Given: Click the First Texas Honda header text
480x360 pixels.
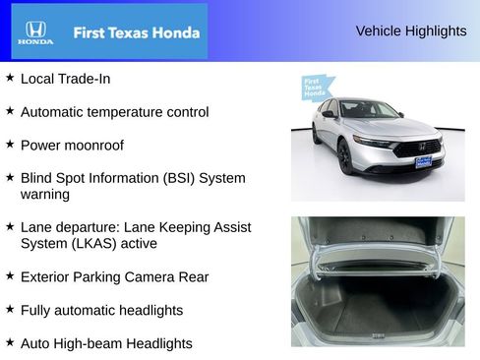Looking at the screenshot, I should (x=136, y=32).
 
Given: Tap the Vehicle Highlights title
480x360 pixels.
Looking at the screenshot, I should (x=410, y=30).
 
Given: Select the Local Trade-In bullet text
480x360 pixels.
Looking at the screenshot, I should (x=65, y=77).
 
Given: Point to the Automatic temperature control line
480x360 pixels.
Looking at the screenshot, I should (x=114, y=112).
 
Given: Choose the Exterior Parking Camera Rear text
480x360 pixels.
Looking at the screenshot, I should (x=114, y=276).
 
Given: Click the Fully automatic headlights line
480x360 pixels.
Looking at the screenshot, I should (x=101, y=310).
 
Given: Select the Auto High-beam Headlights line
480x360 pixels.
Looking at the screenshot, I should (x=106, y=343).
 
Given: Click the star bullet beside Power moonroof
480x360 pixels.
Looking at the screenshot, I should (x=10, y=143).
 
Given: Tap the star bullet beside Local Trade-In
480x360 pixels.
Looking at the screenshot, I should (x=10, y=76).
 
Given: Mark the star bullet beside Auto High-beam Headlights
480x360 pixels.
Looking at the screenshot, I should (x=10, y=342).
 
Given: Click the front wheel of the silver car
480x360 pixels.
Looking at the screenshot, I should (x=345, y=157).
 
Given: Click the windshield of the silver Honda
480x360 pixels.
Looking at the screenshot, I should (x=368, y=109).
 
